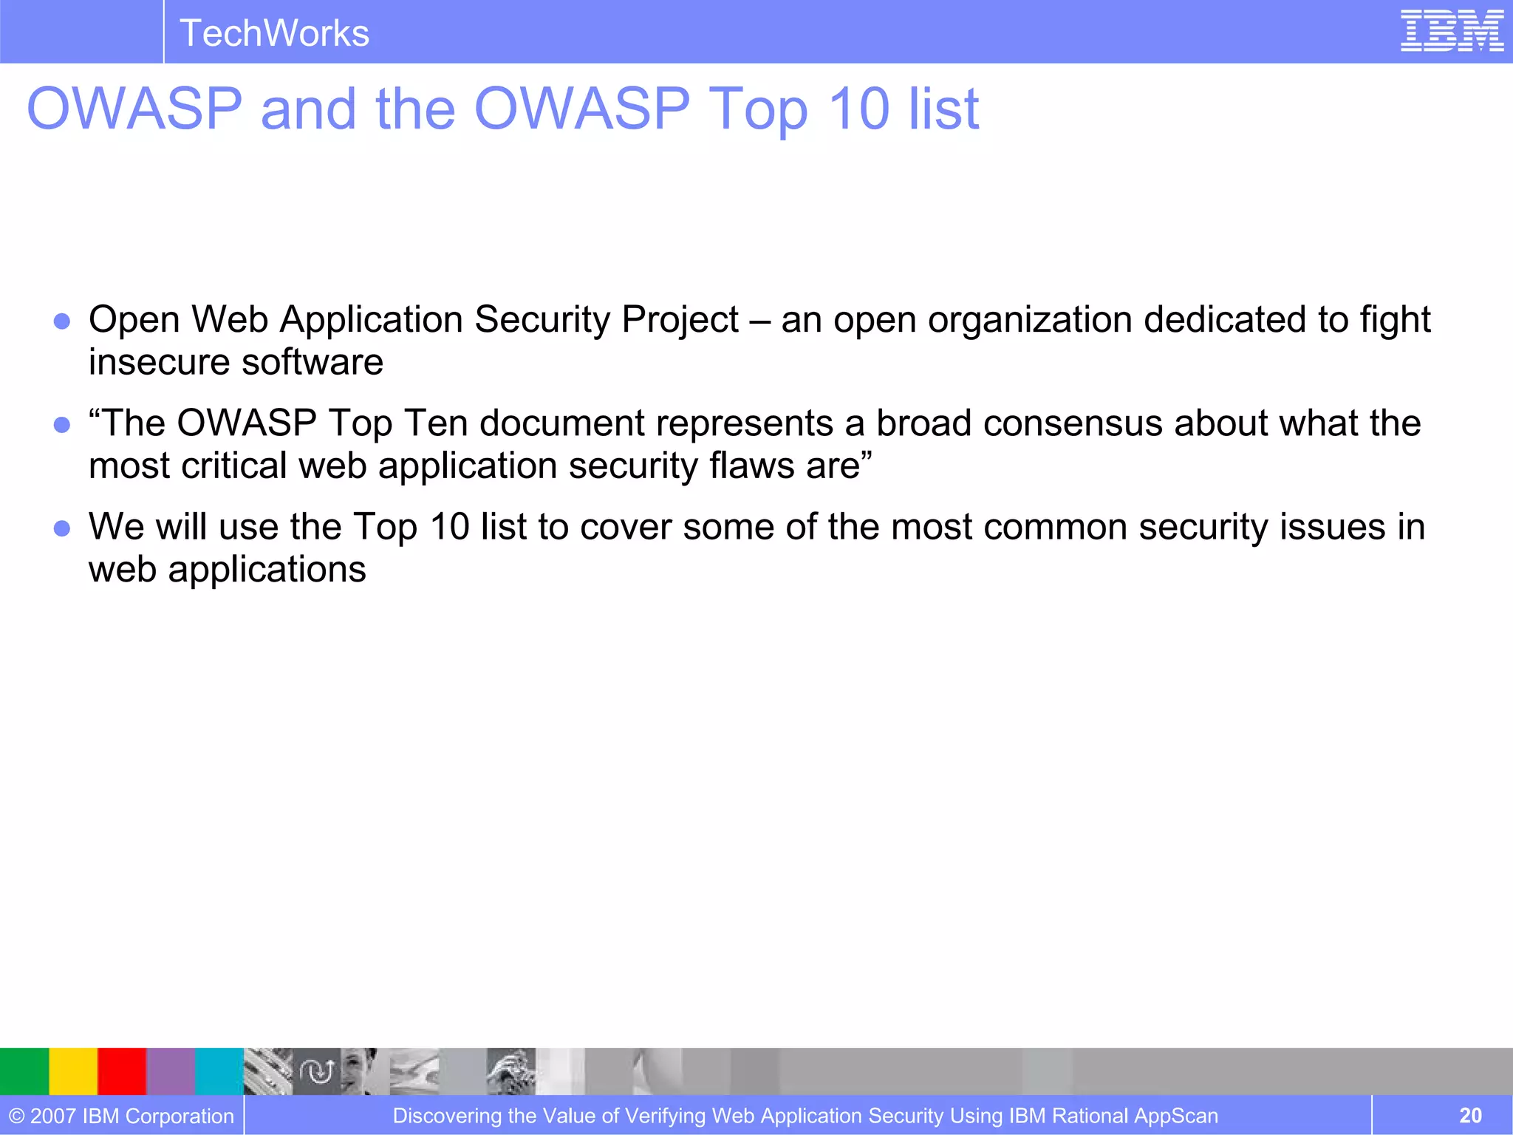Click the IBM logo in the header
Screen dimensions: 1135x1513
pyautogui.click(x=1452, y=31)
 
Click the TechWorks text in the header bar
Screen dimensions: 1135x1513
pyautogui.click(x=274, y=33)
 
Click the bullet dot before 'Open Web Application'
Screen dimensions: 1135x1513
pyautogui.click(x=62, y=321)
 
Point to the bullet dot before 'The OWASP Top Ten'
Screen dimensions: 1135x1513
pyautogui.click(x=62, y=425)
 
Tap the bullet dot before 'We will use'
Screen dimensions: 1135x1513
pyautogui.click(x=62, y=528)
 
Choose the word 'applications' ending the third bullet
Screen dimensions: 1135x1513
pyautogui.click(x=267, y=570)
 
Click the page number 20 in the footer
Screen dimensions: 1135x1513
pyautogui.click(x=1470, y=1116)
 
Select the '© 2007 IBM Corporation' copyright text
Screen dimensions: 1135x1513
pyautogui.click(x=122, y=1116)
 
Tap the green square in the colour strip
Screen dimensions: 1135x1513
pyautogui.click(x=24, y=1071)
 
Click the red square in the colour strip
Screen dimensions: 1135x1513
pyautogui.click(x=122, y=1071)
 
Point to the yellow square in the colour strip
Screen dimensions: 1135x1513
pyautogui.click(x=73, y=1071)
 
